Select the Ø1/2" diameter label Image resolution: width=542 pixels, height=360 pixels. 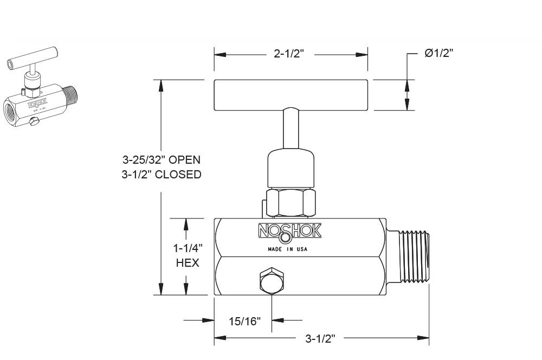click(438, 53)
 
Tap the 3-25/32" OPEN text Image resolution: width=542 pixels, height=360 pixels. click(161, 160)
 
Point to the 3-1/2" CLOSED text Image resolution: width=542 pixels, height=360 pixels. click(161, 175)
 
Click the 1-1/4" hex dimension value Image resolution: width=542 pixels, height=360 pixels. click(188, 248)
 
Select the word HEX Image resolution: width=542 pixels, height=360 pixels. click(188, 263)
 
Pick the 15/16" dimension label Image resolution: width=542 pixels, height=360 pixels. click(244, 321)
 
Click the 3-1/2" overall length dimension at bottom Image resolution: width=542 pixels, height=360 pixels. click(320, 339)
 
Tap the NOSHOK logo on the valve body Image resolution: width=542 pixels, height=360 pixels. click(289, 232)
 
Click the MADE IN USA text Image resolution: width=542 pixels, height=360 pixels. click(288, 249)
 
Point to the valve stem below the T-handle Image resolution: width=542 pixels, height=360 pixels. click(291, 128)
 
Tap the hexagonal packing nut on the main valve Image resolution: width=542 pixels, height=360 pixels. click(291, 202)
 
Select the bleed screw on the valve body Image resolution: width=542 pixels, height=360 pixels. click(270, 281)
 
